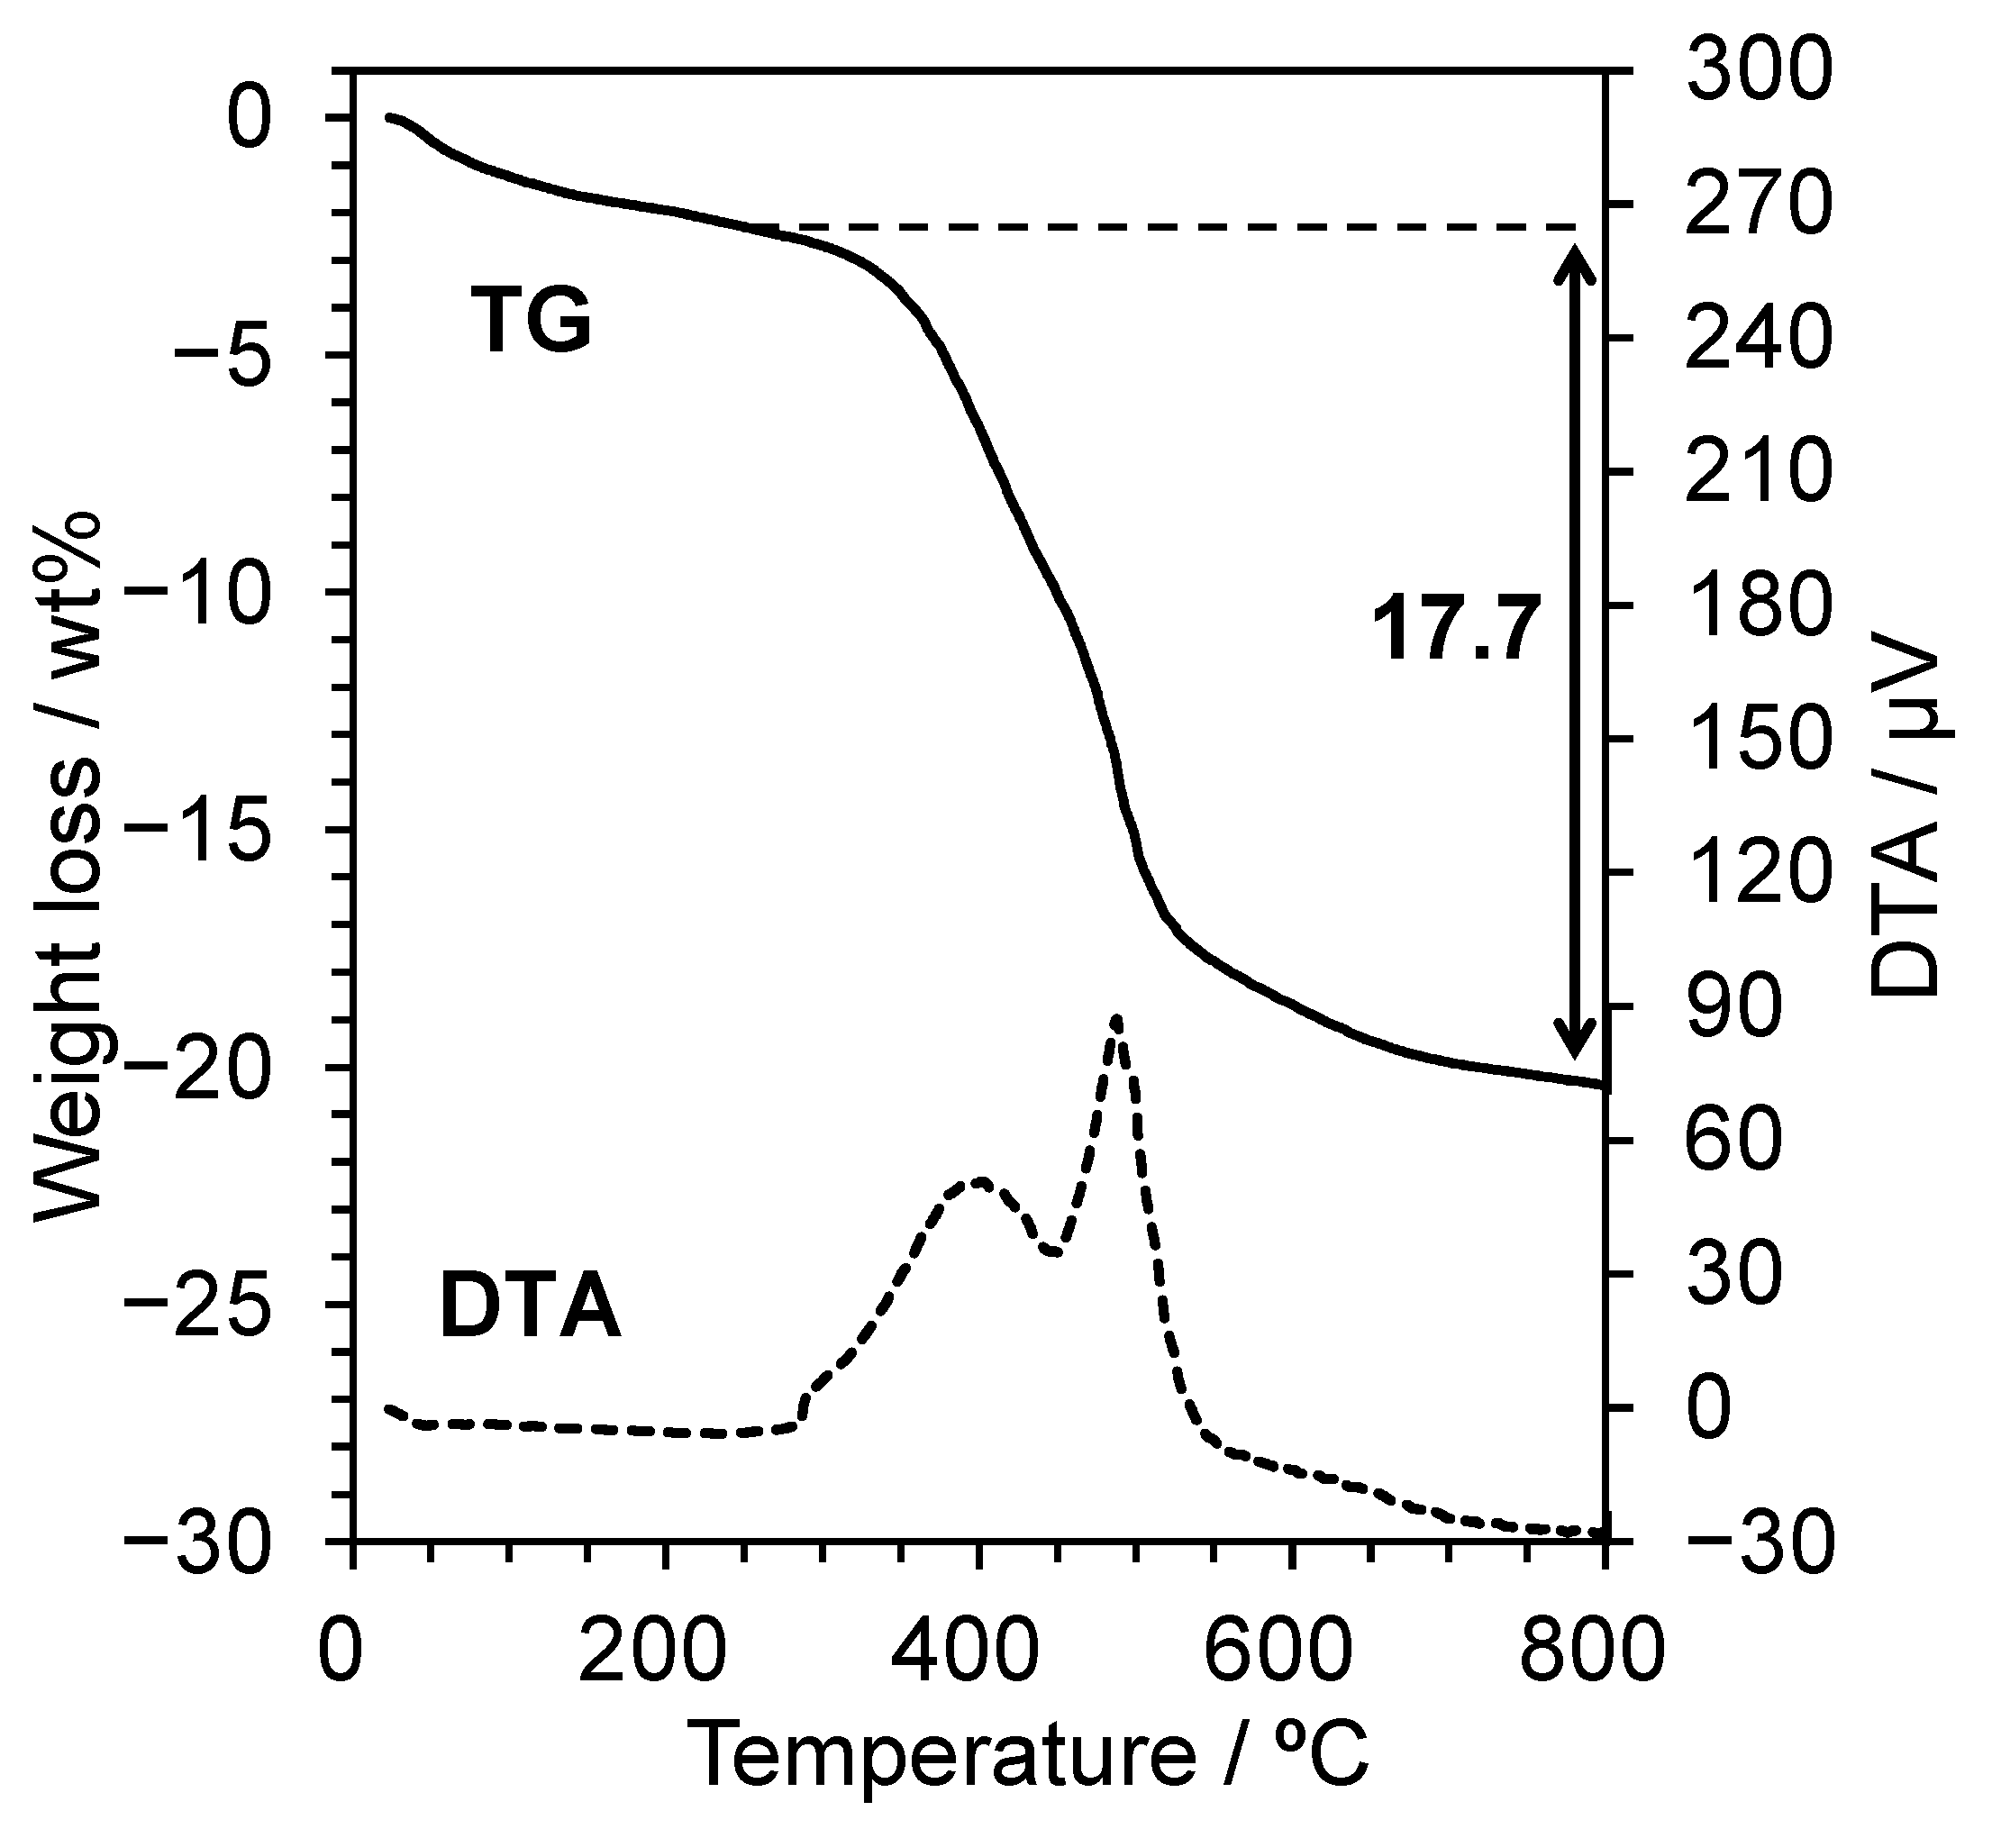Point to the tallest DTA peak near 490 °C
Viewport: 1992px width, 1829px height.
1116,1018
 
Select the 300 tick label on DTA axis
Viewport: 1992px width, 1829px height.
1758,73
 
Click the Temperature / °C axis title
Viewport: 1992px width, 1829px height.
1029,1758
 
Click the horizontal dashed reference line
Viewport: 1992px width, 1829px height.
1187,227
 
